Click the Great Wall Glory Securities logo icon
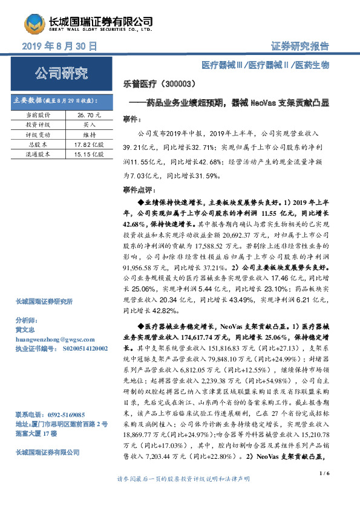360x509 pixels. coord(35,22)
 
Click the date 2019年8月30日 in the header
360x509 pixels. coord(59,46)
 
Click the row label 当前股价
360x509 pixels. coord(38,113)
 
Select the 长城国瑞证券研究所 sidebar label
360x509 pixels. coord(44,301)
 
